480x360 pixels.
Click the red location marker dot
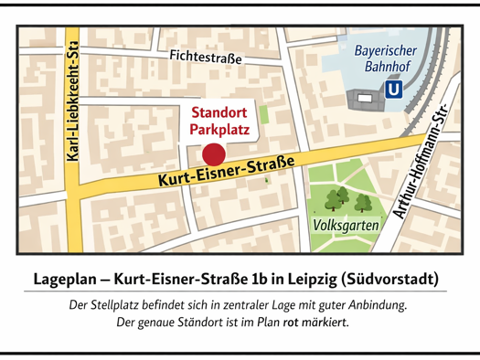(x=212, y=154)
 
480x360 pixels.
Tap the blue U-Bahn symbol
(x=394, y=90)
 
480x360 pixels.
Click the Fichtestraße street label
(x=206, y=57)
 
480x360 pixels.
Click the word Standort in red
(x=219, y=113)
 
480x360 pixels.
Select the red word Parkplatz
(x=219, y=130)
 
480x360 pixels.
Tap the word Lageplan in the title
(x=67, y=277)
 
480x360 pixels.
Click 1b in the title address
(x=257, y=277)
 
